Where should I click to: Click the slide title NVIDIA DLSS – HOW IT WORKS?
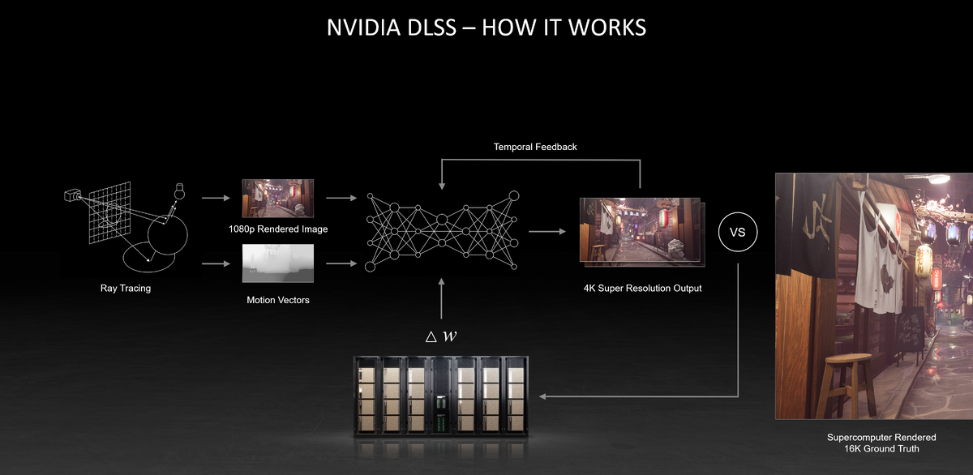pos(486,27)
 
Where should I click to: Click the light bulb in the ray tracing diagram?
pos(179,192)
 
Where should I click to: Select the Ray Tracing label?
pos(126,288)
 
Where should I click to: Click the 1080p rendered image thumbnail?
pos(276,198)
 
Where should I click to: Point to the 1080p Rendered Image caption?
pos(278,229)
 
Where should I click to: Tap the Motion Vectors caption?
pos(278,300)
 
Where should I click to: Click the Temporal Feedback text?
pos(534,147)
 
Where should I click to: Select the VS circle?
pos(737,233)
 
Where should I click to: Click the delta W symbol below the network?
pos(441,336)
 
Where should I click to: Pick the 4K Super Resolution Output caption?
pos(642,288)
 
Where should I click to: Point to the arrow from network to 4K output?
pos(547,231)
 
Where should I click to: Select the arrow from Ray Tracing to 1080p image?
pos(214,197)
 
